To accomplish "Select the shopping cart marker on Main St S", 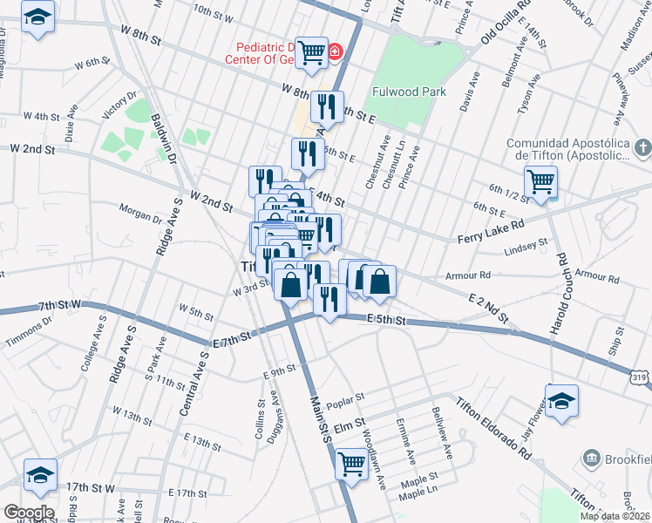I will point(352,463).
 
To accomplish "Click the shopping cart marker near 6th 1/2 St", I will point(541,181).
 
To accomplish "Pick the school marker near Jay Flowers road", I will point(562,402).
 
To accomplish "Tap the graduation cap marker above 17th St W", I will point(40,475).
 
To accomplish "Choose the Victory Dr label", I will point(121,105).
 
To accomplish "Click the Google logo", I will point(28,513).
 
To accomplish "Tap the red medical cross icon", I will point(334,52).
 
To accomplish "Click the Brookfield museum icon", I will point(591,458).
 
